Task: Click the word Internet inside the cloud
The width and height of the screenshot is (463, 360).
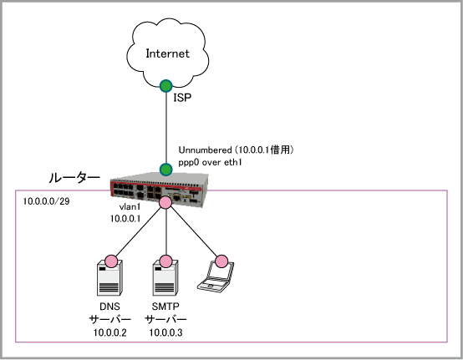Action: (167, 53)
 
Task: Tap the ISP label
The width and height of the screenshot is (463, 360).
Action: (182, 98)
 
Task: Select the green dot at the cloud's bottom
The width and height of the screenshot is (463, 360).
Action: (166, 86)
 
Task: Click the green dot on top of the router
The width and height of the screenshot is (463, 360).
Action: (166, 170)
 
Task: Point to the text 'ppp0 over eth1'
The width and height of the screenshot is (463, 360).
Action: (210, 162)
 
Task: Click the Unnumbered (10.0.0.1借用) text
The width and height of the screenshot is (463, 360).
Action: (236, 150)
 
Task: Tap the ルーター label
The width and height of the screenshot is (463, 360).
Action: (74, 178)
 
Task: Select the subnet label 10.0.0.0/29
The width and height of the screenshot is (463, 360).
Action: (46, 201)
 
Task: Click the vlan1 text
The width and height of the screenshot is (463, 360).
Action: (130, 207)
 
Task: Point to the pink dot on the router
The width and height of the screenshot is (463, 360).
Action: (165, 202)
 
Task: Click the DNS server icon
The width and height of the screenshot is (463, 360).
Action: (109, 278)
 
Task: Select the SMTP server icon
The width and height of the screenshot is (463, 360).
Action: (165, 278)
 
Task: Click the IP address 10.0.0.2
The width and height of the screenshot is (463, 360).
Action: (109, 332)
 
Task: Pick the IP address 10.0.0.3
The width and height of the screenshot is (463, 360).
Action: (165, 332)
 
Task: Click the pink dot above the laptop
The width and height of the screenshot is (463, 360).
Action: (221, 261)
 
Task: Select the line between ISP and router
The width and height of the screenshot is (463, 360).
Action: (166, 128)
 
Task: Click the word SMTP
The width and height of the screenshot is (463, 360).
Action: (165, 307)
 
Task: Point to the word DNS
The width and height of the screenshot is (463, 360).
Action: (109, 307)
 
